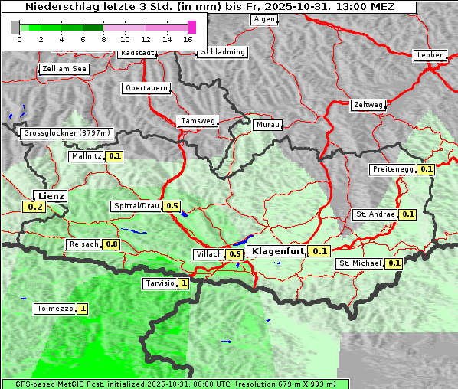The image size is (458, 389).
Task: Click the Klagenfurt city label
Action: coord(278,251)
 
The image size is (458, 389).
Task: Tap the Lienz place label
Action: coord(51,196)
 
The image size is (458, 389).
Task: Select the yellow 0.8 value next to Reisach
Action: coord(112,244)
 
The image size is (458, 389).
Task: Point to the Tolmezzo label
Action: coord(54,309)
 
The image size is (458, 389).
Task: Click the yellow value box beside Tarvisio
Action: coord(184,283)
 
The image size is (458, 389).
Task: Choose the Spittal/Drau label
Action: coord(136,206)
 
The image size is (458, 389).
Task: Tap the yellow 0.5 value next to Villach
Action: coord(235,254)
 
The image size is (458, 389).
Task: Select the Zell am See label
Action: coord(65,69)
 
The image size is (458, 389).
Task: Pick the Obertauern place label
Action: coord(146,88)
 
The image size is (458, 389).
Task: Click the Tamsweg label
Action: coord(198,121)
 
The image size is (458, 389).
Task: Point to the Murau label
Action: coord(268,124)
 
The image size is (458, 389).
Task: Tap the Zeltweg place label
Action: coord(368,104)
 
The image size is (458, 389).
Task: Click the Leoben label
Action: coord(430,55)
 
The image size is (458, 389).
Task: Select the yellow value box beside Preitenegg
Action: coord(427,169)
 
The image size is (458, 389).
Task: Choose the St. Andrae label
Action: coord(375,214)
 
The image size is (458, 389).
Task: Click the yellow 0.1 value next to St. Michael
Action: coord(394,263)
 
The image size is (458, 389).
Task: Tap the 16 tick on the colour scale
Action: coord(188,38)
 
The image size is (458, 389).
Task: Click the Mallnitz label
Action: coord(86,156)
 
